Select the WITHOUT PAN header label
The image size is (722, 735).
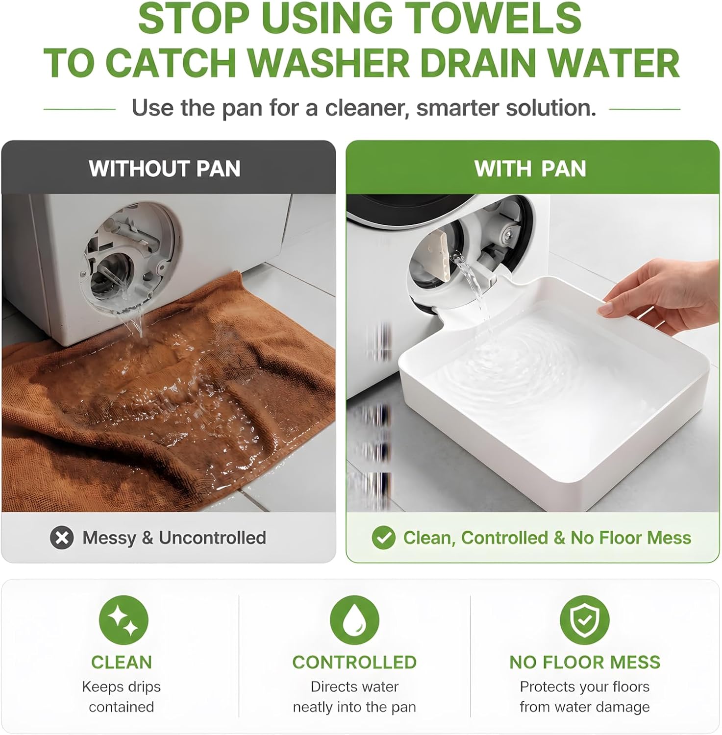point(165,169)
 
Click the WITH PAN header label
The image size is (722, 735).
point(530,169)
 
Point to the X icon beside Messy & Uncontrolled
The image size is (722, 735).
point(62,538)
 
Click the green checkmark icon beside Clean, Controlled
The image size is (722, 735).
point(383,538)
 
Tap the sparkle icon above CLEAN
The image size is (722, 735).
point(124,620)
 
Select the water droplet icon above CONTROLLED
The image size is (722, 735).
point(354,620)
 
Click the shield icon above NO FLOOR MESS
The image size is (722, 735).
point(584,620)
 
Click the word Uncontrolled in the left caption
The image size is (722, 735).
point(212,538)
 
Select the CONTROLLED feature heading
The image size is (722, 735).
point(354,662)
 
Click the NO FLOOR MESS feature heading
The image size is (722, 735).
point(585,662)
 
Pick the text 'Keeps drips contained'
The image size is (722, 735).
point(122,697)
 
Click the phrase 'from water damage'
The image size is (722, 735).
point(585,707)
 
